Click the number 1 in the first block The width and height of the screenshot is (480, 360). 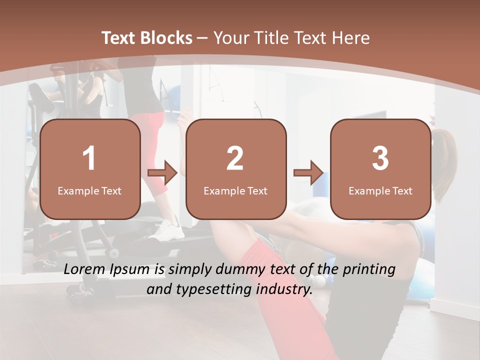pos(89,158)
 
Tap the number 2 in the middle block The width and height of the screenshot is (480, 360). pos(235,158)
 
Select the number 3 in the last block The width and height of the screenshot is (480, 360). pos(380,158)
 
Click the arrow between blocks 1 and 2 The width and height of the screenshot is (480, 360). pos(162,173)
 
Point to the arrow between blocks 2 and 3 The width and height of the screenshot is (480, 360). pos(308,173)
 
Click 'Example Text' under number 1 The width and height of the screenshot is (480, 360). pos(89,191)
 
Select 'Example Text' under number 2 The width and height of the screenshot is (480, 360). pos(235,191)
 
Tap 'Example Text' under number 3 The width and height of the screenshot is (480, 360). pos(380,191)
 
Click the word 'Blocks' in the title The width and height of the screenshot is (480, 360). pos(166,38)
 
